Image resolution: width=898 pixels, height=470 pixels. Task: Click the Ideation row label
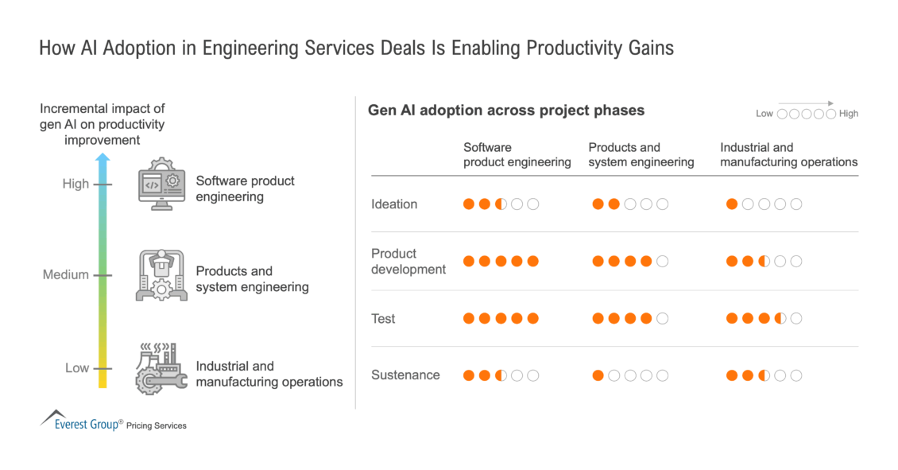(x=394, y=204)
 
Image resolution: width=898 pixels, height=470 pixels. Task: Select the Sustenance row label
(x=405, y=375)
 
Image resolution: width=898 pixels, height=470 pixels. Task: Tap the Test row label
(x=383, y=319)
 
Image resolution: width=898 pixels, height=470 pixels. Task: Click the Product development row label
(x=408, y=262)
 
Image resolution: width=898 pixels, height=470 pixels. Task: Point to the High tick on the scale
(x=76, y=184)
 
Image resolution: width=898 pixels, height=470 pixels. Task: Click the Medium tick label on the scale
(x=66, y=275)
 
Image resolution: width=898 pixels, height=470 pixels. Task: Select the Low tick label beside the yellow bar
(x=77, y=368)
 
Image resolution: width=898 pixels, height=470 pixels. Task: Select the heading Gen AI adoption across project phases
(x=505, y=111)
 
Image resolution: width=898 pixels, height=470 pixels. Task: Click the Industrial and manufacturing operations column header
(x=788, y=154)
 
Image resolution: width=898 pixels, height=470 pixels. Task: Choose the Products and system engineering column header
(x=641, y=154)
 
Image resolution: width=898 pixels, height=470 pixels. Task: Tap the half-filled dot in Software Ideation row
(x=501, y=204)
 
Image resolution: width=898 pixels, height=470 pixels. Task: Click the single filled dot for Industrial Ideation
(x=732, y=204)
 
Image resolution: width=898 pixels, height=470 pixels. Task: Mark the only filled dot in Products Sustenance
(x=598, y=375)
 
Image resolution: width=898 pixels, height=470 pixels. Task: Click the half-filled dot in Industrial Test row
(x=780, y=319)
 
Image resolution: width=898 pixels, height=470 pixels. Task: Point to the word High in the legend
(x=849, y=114)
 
